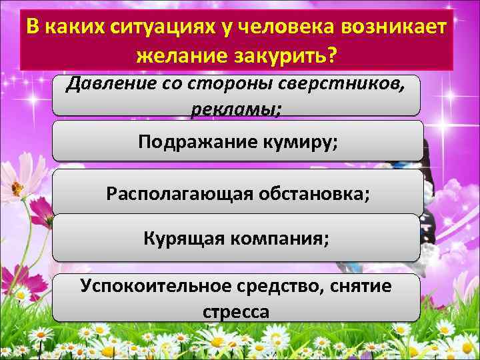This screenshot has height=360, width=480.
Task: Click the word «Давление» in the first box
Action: [109, 85]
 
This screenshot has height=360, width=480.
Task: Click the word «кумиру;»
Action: [300, 141]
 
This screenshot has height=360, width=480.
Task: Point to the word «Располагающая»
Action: [176, 194]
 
